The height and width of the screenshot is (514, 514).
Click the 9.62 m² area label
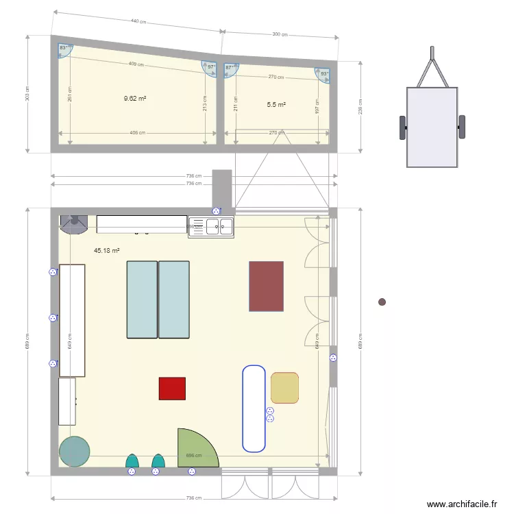click(x=135, y=99)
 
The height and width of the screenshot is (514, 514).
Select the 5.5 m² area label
click(x=276, y=105)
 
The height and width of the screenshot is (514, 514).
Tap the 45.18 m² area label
click(x=107, y=251)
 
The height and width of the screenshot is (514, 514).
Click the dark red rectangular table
click(x=266, y=286)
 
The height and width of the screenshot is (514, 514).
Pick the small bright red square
click(x=172, y=389)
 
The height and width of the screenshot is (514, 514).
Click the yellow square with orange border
click(x=284, y=388)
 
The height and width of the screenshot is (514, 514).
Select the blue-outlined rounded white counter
click(x=254, y=408)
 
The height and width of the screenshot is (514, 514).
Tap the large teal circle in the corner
click(x=74, y=452)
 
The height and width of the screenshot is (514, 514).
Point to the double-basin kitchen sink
click(x=212, y=226)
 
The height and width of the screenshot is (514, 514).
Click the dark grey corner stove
click(x=73, y=222)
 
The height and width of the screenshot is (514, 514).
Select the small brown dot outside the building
click(x=382, y=302)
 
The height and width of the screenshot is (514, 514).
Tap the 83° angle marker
click(x=64, y=47)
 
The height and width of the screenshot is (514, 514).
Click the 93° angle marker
click(x=324, y=73)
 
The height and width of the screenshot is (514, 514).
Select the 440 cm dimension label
click(x=138, y=22)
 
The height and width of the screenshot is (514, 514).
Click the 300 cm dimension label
click(x=279, y=34)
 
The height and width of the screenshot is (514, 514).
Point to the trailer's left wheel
click(x=402, y=127)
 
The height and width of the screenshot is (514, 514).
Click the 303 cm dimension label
click(x=28, y=93)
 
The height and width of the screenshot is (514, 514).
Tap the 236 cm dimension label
click(x=360, y=106)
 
